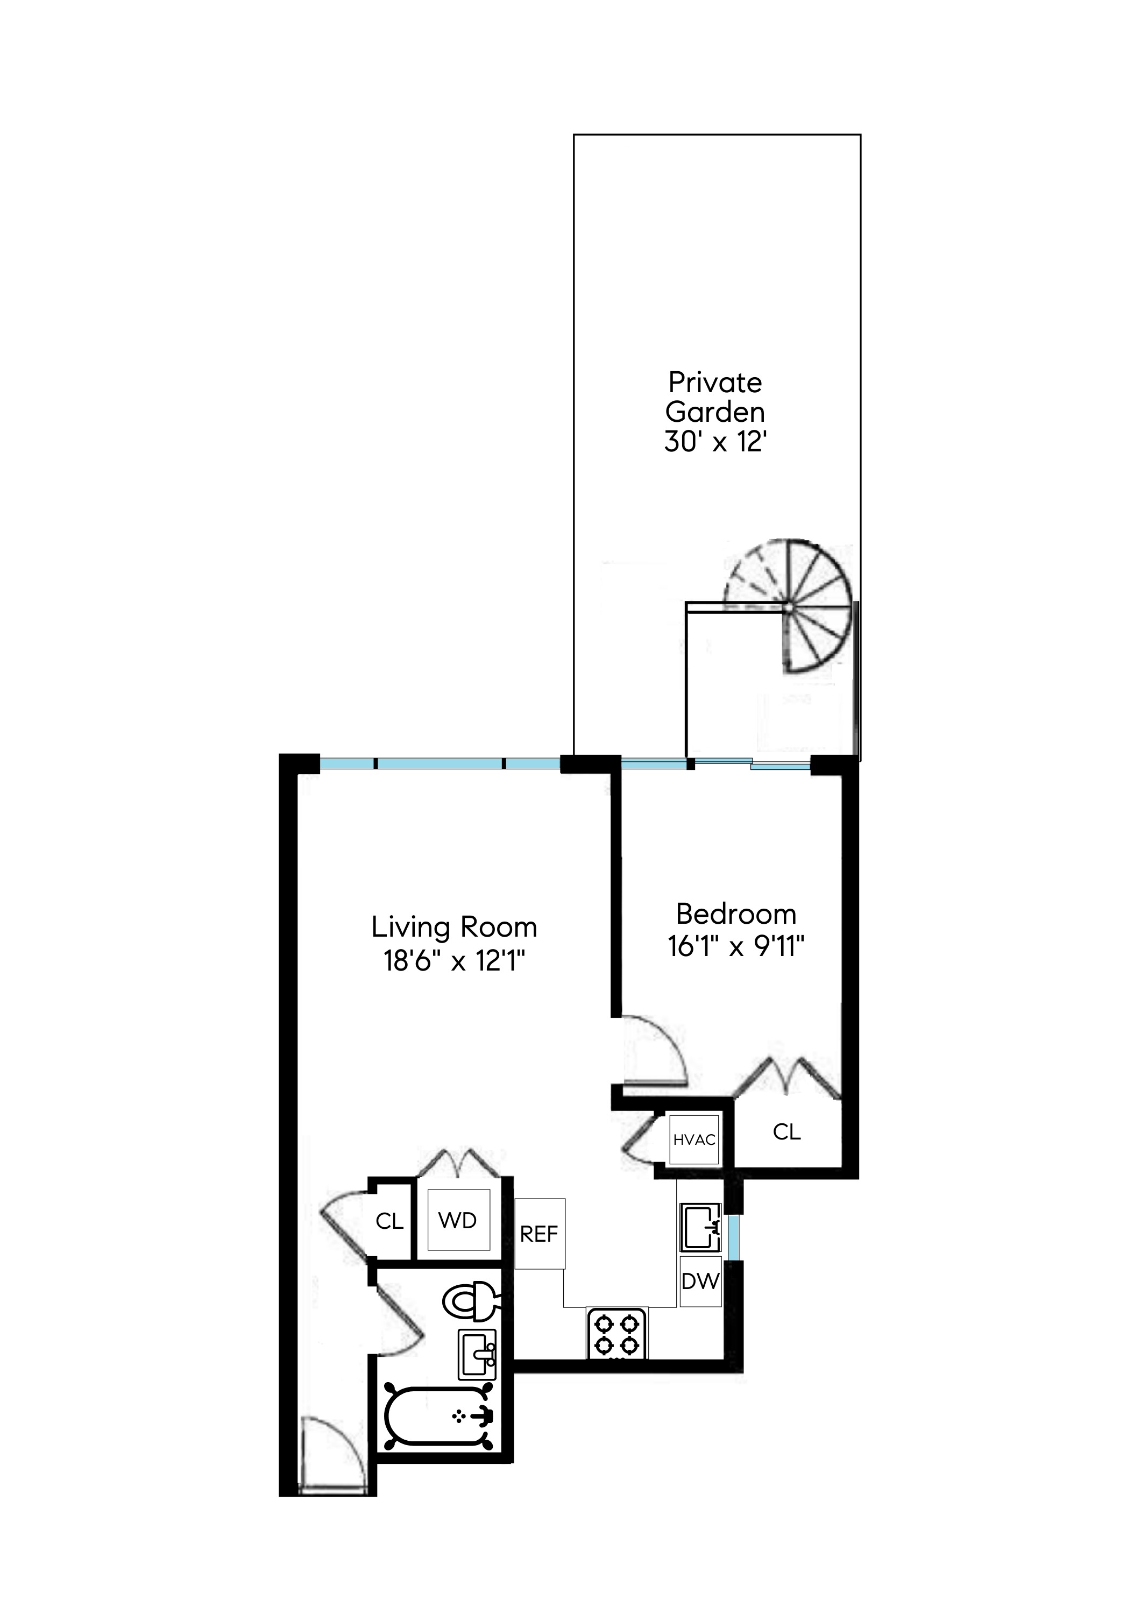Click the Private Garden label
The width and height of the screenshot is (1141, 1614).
pos(715,397)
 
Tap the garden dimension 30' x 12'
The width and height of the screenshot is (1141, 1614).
pos(715,443)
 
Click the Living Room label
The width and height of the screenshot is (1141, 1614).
pos(454,928)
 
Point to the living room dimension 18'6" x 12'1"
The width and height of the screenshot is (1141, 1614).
pos(454,960)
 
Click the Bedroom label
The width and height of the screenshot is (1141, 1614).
pos(736,915)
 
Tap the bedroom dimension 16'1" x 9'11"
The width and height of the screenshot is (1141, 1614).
pos(736,947)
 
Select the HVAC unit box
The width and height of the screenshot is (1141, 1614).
pos(694,1139)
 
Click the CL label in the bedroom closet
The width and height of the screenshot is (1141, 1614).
pos(786,1132)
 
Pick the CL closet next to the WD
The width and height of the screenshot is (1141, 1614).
pos(389,1221)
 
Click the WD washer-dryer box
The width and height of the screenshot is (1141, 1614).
pos(458,1220)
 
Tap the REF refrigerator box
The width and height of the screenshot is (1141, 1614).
pos(539,1234)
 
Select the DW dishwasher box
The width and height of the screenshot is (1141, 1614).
pos(700,1281)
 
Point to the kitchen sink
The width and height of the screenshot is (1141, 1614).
pos(700,1227)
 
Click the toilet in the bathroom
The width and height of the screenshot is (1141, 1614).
pos(470,1302)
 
